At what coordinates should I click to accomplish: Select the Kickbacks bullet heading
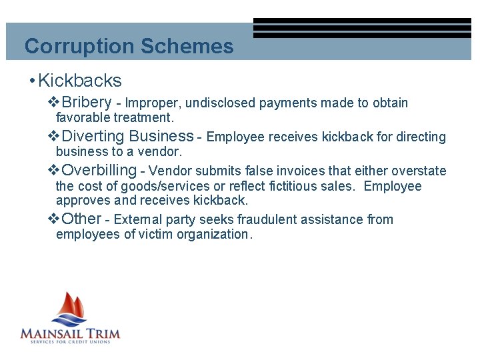click(80, 81)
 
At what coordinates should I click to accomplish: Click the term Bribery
click(86, 103)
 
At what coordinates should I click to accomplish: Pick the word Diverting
click(92, 137)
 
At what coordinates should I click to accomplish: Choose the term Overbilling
click(98, 171)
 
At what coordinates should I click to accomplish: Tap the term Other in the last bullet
click(81, 219)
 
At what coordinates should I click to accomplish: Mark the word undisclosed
click(221, 103)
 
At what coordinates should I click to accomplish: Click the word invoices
click(304, 171)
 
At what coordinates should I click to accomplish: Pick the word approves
click(77, 201)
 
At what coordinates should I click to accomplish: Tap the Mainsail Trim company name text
click(70, 332)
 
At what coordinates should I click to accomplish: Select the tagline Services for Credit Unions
click(71, 342)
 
